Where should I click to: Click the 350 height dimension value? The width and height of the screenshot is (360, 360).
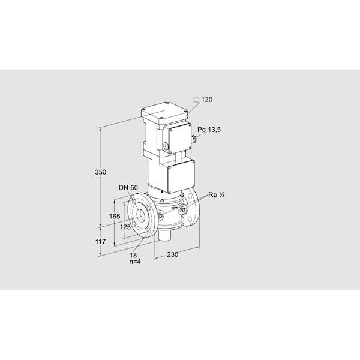(101, 172)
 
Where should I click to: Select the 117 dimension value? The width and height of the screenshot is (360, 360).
(101, 242)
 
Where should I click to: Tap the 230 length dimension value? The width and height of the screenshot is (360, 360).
(172, 254)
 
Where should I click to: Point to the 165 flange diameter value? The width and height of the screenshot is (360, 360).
(115, 216)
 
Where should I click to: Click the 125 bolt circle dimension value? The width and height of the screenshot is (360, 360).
(125, 227)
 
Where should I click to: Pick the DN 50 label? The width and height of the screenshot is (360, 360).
(128, 188)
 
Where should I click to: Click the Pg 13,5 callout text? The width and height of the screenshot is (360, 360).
(209, 130)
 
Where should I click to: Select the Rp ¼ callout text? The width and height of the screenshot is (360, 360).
(216, 195)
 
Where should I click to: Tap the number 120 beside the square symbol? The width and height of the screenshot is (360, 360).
(207, 100)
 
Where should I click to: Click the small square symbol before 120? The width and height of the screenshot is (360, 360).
(196, 100)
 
